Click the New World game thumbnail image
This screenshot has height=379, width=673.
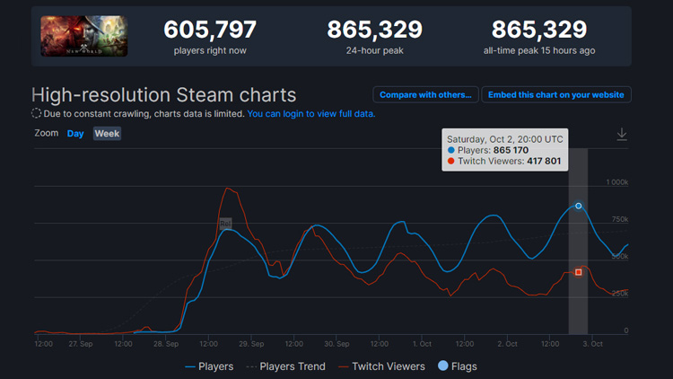(x=83, y=37)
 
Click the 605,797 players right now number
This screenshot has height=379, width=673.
(x=210, y=30)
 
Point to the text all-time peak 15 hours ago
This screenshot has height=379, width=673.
(x=538, y=51)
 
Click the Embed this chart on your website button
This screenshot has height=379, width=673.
(x=556, y=94)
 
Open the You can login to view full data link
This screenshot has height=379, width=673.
(x=310, y=114)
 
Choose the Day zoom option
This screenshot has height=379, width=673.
(x=75, y=133)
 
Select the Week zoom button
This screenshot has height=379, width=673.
(x=107, y=133)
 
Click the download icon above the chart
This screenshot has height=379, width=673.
(x=621, y=134)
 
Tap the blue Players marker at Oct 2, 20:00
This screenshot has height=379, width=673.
(x=579, y=206)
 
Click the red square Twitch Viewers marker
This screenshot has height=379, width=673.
(x=579, y=271)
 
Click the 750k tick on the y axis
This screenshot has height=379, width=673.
(x=618, y=219)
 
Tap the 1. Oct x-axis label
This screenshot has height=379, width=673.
(x=421, y=343)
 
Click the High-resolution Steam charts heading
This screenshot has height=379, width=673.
(x=163, y=94)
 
